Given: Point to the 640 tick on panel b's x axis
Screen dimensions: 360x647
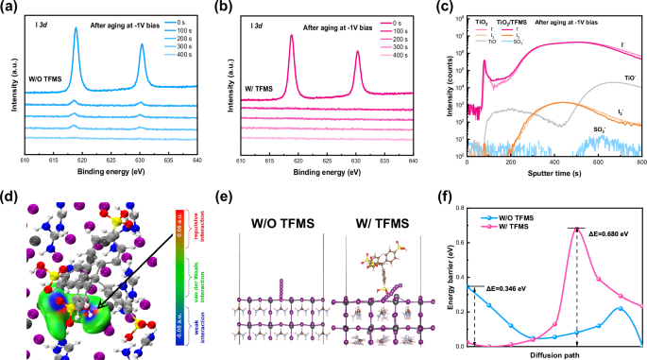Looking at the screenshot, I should [x=414, y=149].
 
